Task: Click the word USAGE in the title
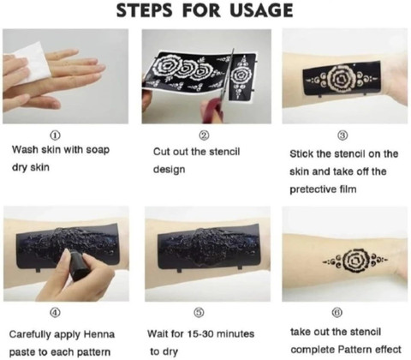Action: [261, 10]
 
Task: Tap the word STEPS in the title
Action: [145, 10]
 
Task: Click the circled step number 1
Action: [56, 135]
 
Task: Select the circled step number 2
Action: [205, 135]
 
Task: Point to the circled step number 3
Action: [343, 135]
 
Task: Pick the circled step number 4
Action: [56, 313]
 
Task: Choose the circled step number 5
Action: [200, 313]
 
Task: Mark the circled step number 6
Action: [337, 313]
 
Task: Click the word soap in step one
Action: [98, 150]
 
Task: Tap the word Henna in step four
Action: [98, 334]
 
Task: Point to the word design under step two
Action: [169, 170]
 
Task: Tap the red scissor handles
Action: [213, 110]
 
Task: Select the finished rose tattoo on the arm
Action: [355, 261]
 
